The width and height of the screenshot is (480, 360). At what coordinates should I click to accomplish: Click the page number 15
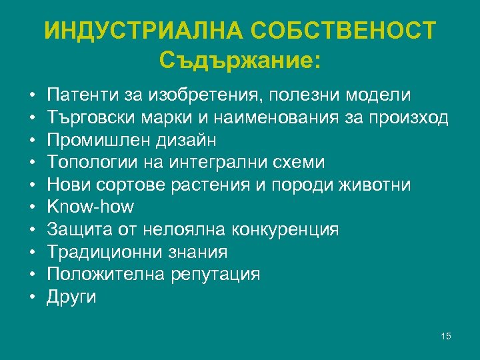click(446, 336)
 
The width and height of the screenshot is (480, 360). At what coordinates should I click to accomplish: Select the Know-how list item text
click(90, 207)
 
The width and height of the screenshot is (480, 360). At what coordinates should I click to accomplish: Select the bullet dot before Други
click(32, 297)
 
